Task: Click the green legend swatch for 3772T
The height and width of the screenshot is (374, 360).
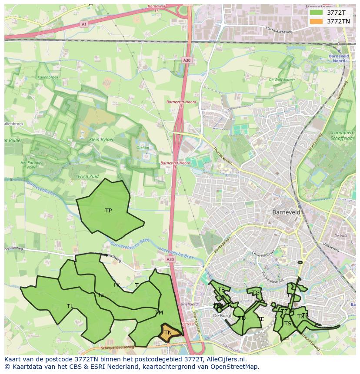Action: coord(316,13)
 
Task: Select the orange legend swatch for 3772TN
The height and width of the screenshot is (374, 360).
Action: coord(316,21)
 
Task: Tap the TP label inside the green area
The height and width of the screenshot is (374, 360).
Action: coord(109,211)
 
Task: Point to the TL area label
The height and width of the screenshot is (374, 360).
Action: coord(70,306)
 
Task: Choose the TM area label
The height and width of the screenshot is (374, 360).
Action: coord(159,313)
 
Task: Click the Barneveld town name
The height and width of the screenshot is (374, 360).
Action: coord(287,212)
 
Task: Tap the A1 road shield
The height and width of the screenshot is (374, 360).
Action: coord(83,24)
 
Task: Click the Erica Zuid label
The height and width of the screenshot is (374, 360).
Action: coord(88,176)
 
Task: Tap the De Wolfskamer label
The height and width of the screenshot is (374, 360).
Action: coord(282,80)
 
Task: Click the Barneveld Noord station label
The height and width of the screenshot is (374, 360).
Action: coord(337,59)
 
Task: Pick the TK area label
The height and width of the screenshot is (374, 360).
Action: coord(116,285)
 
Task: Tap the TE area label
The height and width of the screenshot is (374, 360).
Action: coord(261,319)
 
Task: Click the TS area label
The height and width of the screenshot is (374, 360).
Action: coord(287,324)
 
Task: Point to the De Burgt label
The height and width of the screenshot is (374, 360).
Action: coord(222,316)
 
